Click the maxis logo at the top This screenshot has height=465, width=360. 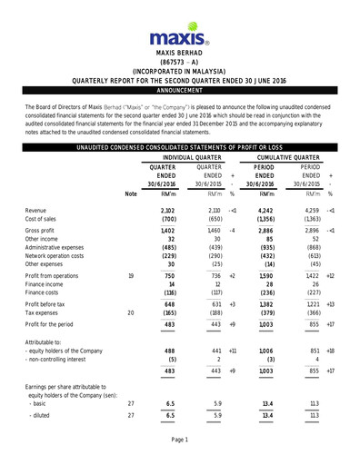(180, 36)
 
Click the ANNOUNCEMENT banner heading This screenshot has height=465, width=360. (180, 91)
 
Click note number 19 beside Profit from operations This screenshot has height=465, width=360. (131, 301)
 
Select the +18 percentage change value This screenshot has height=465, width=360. (331, 375)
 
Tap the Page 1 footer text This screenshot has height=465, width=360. (180, 440)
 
